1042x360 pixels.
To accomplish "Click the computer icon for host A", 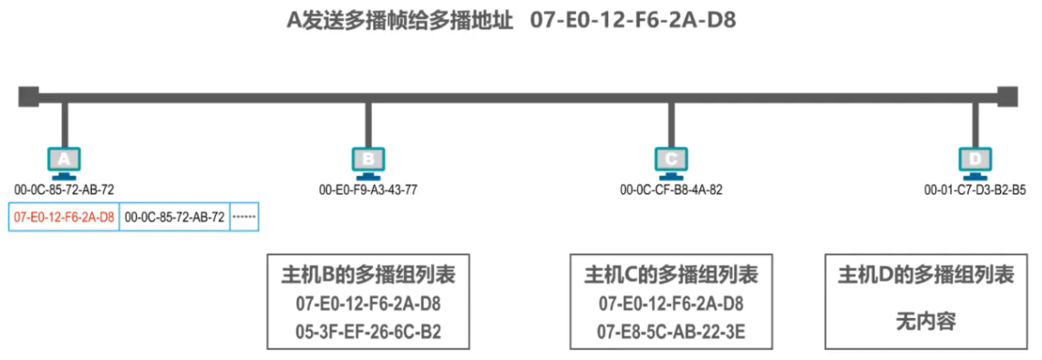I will click(64, 160).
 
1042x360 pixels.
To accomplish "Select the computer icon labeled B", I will click(368, 160).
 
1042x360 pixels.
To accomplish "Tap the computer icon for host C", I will click(671, 160).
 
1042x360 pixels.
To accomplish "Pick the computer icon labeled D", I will click(975, 160).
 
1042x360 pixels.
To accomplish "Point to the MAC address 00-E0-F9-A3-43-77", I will click(368, 190).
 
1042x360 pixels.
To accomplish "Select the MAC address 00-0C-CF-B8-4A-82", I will click(671, 190).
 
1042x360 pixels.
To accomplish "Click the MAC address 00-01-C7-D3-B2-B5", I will click(975, 190).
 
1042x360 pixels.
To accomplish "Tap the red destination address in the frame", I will click(64, 218).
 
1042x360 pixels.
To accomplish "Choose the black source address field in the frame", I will click(174, 218).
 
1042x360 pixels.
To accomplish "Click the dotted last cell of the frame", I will click(244, 218).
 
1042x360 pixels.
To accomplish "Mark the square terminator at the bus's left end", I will click(28, 95).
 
